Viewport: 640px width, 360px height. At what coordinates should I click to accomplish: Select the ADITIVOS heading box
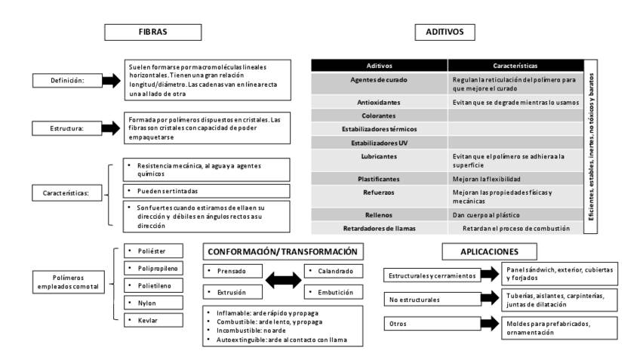445,32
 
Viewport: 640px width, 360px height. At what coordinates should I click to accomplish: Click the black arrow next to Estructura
112,128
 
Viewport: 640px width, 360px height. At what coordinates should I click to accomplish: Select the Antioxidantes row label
379,102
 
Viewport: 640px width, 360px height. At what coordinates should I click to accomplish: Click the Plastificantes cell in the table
379,179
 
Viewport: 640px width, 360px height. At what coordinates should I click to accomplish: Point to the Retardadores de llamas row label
379,227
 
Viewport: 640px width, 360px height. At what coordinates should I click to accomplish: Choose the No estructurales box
429,299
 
